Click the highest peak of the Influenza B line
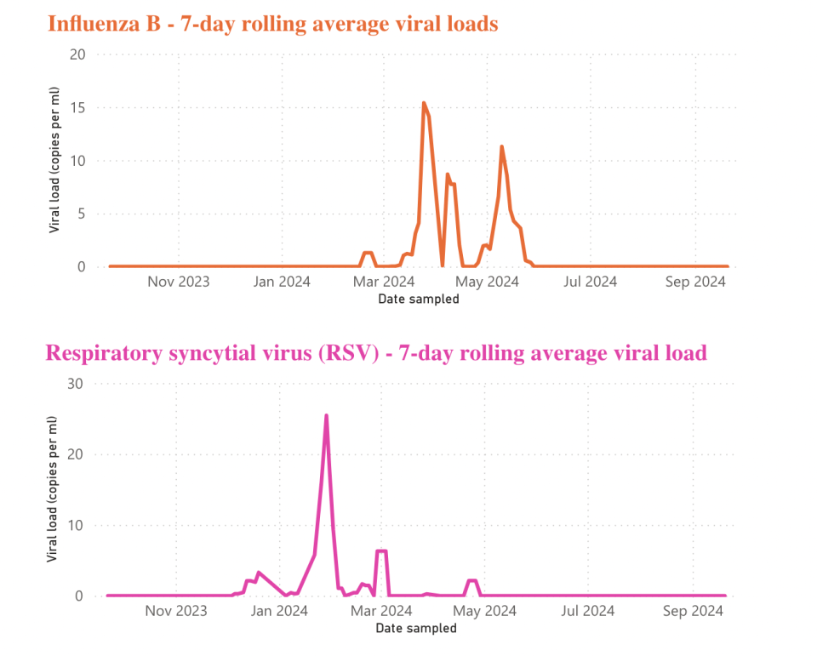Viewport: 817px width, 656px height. [x=424, y=104]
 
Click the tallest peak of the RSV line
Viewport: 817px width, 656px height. [x=326, y=416]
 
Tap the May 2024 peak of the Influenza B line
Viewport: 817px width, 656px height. [x=501, y=147]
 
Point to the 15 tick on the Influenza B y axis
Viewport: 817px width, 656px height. [x=78, y=108]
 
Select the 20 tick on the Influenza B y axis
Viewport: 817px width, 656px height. [x=78, y=54]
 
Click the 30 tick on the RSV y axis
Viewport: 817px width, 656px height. [x=76, y=384]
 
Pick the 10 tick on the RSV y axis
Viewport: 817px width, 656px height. [x=76, y=525]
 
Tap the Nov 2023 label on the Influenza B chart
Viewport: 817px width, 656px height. [x=178, y=282]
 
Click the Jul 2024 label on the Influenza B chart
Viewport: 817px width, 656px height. [x=590, y=282]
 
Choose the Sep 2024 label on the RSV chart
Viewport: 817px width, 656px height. [x=693, y=611]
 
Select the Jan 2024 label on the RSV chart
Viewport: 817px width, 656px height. [x=279, y=611]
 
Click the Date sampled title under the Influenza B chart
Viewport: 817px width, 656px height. [x=418, y=299]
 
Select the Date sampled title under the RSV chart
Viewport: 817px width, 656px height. [x=415, y=628]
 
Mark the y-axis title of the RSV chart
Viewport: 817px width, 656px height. [x=53, y=488]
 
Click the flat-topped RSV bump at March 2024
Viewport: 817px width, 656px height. [x=381, y=551]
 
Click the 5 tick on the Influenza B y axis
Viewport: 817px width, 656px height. [x=83, y=214]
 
